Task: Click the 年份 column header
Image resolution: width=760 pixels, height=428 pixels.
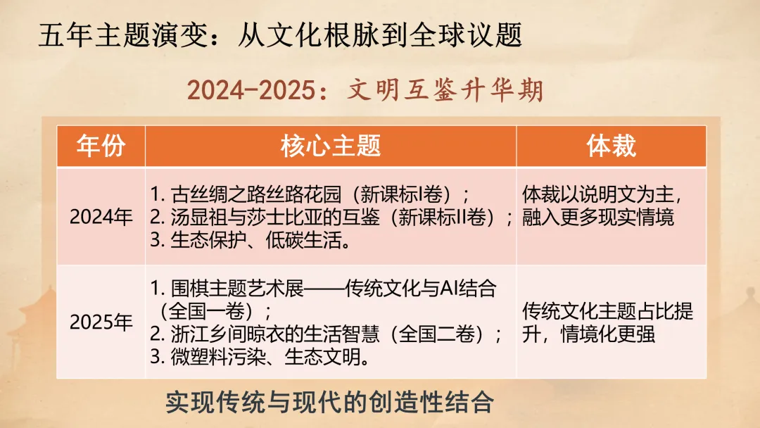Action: [x=101, y=146]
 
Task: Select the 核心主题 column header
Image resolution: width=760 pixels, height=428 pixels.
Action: [x=330, y=146]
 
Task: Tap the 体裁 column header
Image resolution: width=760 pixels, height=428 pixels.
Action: [x=611, y=146]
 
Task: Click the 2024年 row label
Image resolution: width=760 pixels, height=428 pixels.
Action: [x=101, y=217]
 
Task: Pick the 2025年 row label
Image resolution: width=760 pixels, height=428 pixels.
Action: [x=101, y=322]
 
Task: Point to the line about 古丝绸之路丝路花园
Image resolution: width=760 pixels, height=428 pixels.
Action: [x=310, y=194]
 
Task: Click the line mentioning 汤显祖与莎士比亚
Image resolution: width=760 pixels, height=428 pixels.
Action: [x=331, y=218]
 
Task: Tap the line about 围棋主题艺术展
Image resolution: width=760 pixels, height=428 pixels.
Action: [x=324, y=289]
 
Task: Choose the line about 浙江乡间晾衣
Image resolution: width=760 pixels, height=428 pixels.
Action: [x=327, y=334]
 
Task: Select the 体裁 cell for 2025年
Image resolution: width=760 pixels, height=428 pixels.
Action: [x=608, y=322]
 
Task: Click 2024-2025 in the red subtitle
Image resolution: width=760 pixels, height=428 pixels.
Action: [x=250, y=90]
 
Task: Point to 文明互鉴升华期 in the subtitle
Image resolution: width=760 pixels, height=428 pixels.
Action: [x=445, y=90]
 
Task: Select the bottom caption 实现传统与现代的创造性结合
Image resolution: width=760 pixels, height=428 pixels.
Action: [x=329, y=403]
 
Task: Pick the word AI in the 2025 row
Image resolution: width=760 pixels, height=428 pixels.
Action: [x=451, y=289]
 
